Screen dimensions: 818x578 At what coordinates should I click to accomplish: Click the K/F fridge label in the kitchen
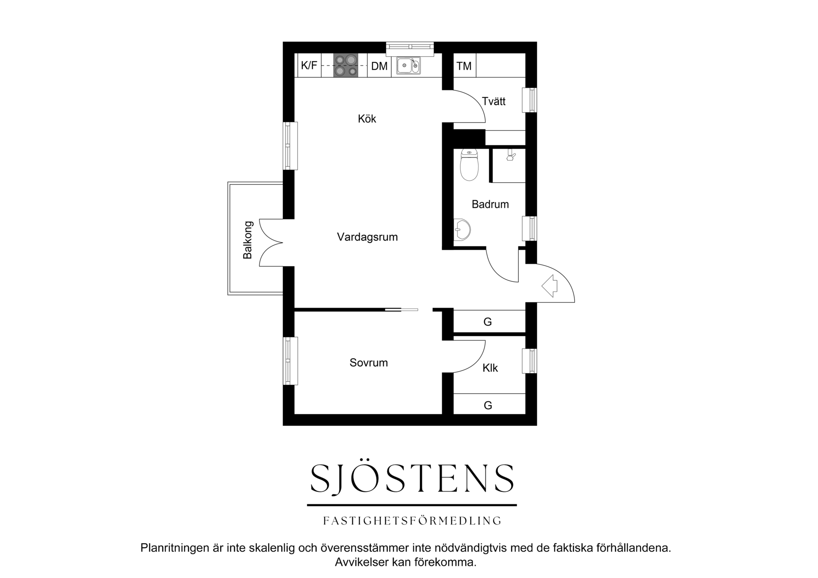pos(309,65)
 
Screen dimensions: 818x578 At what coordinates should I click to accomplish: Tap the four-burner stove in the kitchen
pos(346,65)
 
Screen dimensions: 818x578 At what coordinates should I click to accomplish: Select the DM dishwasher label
pos(379,66)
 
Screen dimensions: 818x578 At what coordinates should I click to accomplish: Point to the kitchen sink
pos(409,65)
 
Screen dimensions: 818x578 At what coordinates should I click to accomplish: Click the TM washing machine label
pos(464,66)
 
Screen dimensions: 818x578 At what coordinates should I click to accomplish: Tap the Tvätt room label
pos(494,101)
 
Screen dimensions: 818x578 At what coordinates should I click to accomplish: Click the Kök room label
pos(367,119)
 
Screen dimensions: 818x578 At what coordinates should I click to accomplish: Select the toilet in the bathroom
pos(470,165)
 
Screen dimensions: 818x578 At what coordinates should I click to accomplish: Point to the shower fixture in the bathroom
pos(510,156)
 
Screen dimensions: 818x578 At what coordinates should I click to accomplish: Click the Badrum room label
pos(490,204)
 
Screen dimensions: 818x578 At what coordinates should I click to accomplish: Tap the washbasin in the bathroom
pos(462,229)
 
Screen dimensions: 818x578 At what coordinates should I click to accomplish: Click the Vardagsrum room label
pos(367,237)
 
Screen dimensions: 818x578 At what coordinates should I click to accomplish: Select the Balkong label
pos(247,240)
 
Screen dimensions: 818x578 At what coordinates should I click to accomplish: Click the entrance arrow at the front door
pos(550,286)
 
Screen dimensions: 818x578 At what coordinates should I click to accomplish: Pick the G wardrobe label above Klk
pos(487,322)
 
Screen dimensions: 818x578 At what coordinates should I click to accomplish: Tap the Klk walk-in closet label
pos(490,368)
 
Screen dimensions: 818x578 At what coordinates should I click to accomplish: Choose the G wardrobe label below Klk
pos(487,405)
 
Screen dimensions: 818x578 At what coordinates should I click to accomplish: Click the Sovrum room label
pos(369,363)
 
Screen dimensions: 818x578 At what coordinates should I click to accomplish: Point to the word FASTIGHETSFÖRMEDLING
pos(412,520)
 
